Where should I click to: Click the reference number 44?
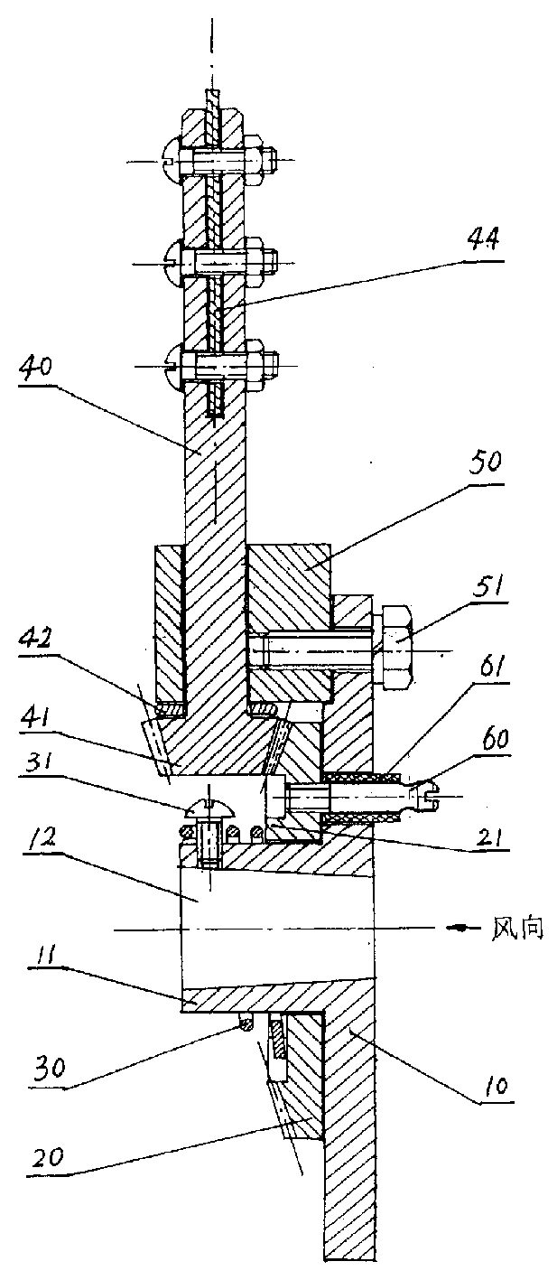pyautogui.click(x=483, y=238)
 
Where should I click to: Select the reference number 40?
pyautogui.click(x=36, y=366)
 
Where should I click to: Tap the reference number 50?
pyautogui.click(x=485, y=462)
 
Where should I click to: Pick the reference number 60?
pyautogui.click(x=494, y=740)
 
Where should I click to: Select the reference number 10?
pyautogui.click(x=495, y=1083)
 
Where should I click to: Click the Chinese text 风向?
pyautogui.click(x=517, y=929)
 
